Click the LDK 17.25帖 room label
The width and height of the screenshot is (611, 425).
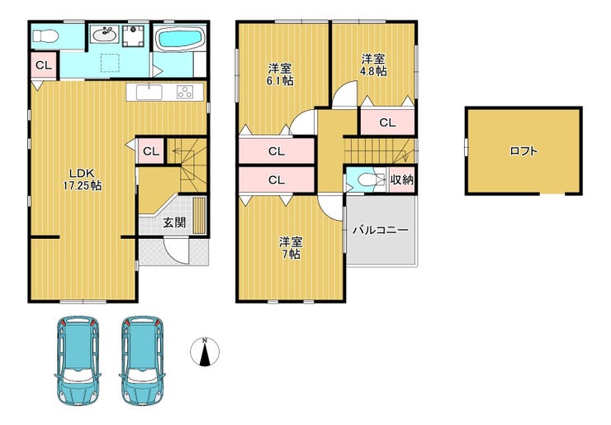[83, 179]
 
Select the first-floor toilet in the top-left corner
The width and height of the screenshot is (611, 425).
[45, 36]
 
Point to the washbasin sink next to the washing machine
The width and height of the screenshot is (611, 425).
[104, 35]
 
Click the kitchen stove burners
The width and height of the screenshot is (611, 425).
[185, 92]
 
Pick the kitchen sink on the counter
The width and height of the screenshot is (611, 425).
[149, 92]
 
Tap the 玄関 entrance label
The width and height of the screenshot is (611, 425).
[174, 223]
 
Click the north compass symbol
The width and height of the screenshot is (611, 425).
[205, 351]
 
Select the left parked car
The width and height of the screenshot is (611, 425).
[77, 361]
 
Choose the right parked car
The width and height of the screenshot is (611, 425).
[142, 361]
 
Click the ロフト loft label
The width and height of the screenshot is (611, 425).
[523, 151]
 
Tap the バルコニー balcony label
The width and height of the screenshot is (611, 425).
[381, 230]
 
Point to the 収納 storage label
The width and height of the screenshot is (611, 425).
[402, 180]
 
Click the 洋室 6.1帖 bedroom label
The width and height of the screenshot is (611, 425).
[280, 74]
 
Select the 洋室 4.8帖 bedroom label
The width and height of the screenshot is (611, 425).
[374, 65]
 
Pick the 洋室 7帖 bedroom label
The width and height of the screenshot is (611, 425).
[291, 248]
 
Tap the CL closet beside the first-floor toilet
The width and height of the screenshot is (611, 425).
[44, 65]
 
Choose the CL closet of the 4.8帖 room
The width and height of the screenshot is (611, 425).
[387, 122]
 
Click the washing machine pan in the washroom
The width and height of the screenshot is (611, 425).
[134, 36]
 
